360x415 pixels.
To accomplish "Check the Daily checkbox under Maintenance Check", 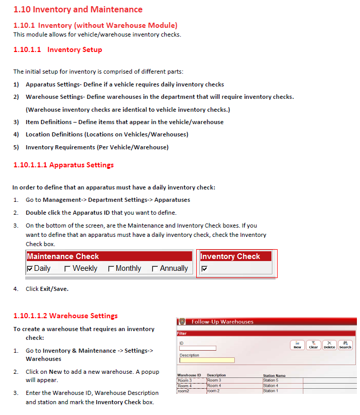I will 30,268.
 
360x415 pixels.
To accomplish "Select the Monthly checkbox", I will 111,268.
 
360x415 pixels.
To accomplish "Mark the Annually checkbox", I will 155,268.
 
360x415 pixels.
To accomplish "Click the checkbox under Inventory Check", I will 204,268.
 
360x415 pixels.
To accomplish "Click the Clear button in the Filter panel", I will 313,345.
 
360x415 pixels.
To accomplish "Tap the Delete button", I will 329,345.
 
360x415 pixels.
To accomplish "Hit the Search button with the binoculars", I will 345,345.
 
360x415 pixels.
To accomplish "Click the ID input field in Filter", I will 197,348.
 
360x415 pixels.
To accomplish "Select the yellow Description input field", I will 207,360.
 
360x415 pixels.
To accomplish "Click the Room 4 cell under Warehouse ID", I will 185,386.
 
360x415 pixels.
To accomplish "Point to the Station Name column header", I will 274,375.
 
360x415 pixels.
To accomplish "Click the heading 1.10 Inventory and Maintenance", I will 78,9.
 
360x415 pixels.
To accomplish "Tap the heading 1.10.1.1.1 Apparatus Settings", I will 63,165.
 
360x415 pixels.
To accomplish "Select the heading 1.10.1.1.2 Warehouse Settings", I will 65,316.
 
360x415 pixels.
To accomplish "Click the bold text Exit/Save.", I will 54,289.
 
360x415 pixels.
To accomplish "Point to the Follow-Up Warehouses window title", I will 222,322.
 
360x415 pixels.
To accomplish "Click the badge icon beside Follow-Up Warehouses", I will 182,322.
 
